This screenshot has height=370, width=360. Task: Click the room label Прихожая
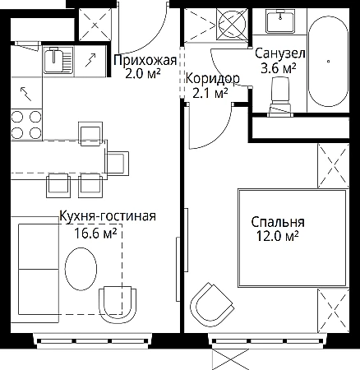point(145,61)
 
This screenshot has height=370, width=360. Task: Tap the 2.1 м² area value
point(210,94)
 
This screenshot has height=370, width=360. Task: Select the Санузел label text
point(280,53)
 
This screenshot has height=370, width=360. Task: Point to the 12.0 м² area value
point(277,236)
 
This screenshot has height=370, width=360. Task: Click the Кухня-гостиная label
point(108,216)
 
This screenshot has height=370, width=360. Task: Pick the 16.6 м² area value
point(95,234)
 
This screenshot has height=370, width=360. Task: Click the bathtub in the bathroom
point(328,62)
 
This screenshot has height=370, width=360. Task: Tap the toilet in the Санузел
point(280,96)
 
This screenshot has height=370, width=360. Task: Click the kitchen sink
point(58,60)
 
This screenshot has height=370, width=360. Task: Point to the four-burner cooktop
point(26,125)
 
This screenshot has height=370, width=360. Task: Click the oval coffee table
point(81,269)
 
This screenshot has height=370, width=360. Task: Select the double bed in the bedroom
point(293,238)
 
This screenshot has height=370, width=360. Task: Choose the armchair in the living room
point(118,305)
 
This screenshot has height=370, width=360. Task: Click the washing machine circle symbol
point(232,24)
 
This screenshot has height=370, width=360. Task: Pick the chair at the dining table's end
point(118,163)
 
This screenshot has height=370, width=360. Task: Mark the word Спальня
point(278,222)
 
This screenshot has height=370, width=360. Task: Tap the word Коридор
point(213,79)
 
